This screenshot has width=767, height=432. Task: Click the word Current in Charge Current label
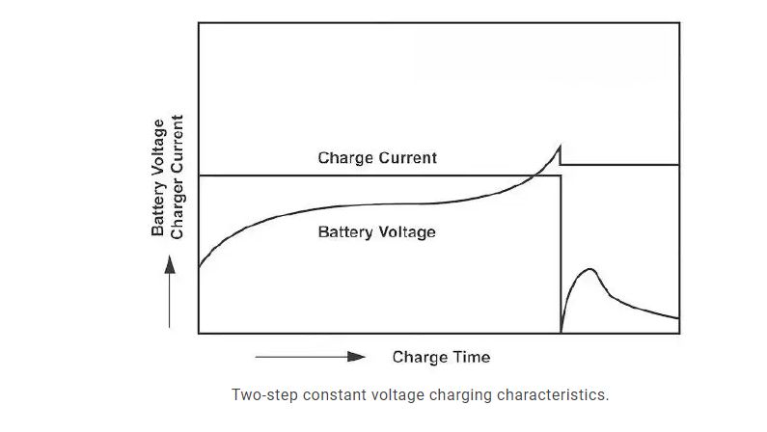tap(407, 157)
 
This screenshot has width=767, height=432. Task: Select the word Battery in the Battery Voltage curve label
tap(345, 231)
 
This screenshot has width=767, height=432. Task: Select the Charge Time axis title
tap(441, 357)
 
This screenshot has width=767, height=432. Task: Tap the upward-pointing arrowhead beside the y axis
tap(170, 263)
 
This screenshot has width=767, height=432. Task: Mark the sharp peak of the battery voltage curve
tap(560, 145)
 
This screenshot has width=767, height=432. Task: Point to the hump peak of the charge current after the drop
tap(590, 270)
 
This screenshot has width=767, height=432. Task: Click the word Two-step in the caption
tap(260, 394)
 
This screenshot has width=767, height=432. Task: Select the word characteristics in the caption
tap(562, 394)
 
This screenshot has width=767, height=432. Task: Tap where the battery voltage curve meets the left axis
tap(199, 266)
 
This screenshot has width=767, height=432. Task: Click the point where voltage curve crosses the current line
tap(534, 175)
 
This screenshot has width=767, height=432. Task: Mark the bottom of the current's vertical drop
tap(561, 332)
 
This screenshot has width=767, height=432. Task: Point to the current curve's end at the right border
tap(678, 317)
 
